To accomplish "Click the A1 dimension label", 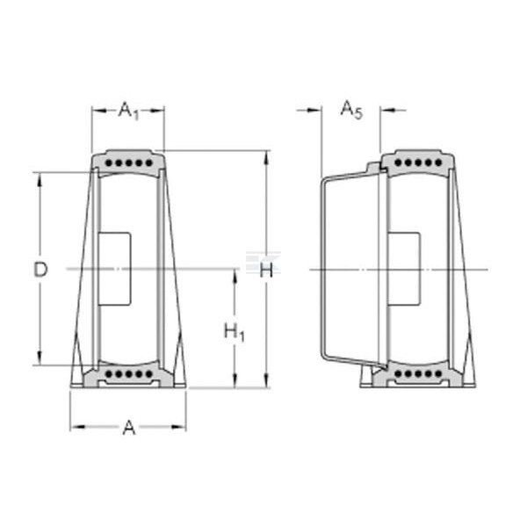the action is [128, 111].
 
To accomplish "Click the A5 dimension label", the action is [351, 110].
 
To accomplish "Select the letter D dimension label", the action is [40, 270].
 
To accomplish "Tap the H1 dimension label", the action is [235, 331].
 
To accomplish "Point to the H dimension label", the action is [266, 270].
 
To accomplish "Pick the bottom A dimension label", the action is [129, 428].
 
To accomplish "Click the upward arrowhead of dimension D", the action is [40, 180].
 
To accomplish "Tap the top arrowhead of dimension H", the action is [266, 158].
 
